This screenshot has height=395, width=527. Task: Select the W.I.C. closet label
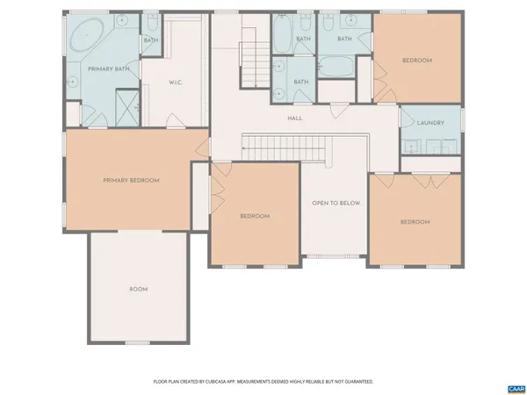pos(175,83)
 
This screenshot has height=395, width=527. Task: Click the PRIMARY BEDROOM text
pos(131,181)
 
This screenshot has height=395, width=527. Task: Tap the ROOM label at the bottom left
pos(139,289)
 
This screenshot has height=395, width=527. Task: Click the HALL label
pos(295,117)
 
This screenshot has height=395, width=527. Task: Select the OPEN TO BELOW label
pos(336,203)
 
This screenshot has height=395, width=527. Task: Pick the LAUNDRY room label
pos(430,123)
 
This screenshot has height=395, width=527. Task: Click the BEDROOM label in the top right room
pos(416,61)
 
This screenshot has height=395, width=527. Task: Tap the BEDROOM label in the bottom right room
pos(415,222)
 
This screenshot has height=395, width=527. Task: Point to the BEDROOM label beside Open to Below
pos(255,216)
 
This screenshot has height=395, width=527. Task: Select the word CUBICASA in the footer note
pos(222,382)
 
